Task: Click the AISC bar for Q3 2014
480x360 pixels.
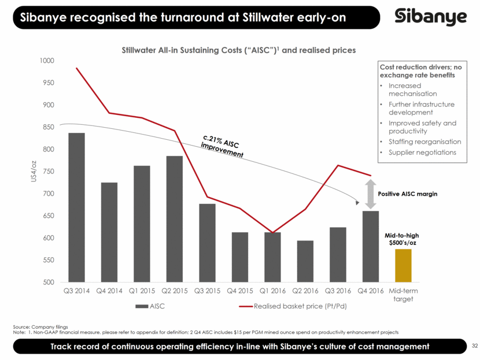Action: coord(76,208)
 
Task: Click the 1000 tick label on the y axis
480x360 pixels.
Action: coord(46,61)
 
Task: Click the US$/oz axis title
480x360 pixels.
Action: coord(34,172)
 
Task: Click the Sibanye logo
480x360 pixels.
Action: coord(430,17)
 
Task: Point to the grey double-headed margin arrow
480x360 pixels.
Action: coord(370,194)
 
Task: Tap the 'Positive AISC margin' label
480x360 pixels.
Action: coord(407,194)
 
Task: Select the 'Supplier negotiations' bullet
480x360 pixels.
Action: coord(422,153)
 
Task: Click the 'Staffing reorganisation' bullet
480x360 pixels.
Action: coord(424,142)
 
